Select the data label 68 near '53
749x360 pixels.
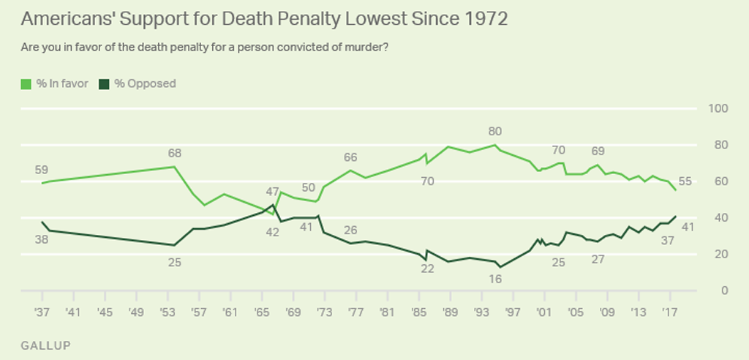point(174,154)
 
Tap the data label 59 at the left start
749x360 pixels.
point(41,170)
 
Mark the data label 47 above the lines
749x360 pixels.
point(274,192)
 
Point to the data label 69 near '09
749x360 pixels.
point(598,151)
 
